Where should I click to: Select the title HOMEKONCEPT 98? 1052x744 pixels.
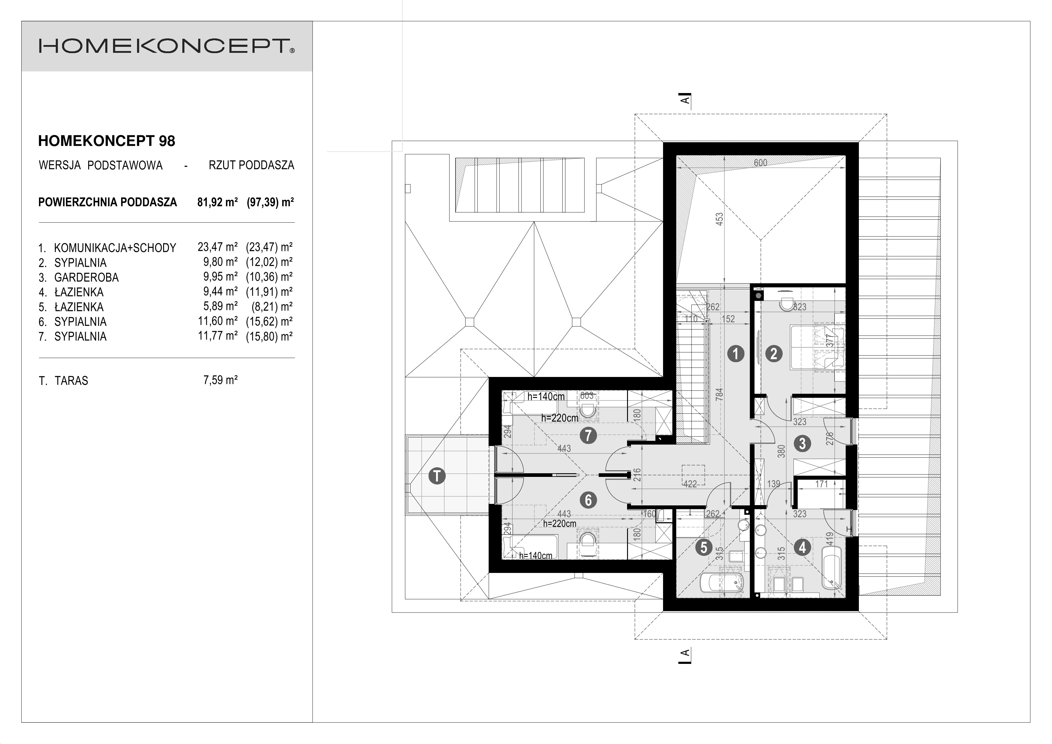107,141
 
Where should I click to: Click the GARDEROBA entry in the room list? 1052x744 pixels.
86,277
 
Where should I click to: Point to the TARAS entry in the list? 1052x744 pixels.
71,381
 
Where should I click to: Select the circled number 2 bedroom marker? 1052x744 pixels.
774,354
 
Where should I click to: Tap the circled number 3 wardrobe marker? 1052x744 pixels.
802,443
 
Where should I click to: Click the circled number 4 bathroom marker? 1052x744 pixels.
802,547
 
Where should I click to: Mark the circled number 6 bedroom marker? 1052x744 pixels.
588,500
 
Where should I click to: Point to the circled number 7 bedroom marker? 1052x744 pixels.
588,435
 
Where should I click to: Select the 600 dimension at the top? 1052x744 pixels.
761,163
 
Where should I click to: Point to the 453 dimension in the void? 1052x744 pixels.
720,219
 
